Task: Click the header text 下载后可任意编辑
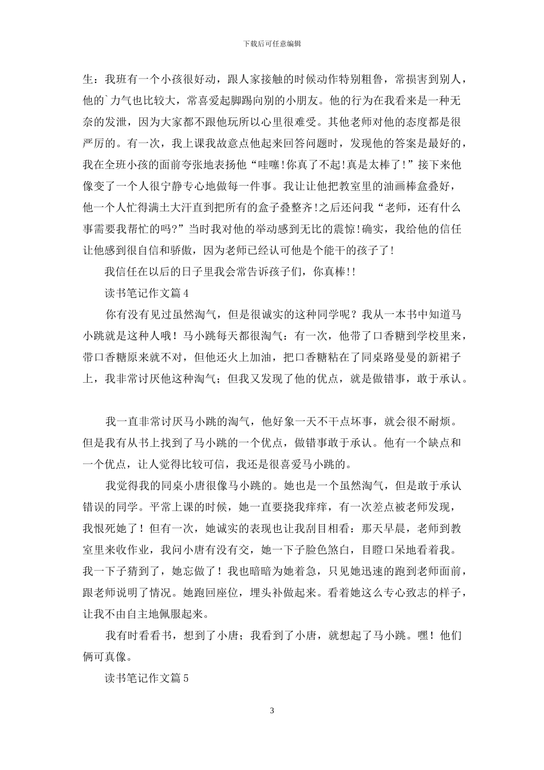(x=272, y=43)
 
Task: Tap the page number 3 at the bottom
(x=272, y=711)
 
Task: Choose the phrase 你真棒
(x=329, y=272)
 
